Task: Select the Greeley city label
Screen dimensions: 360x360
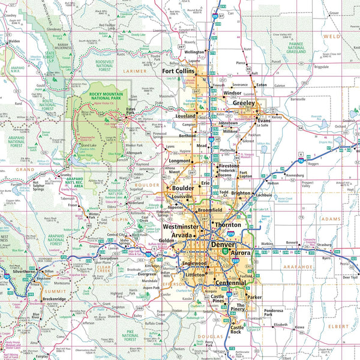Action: (x=244, y=103)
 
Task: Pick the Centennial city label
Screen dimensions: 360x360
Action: (x=229, y=282)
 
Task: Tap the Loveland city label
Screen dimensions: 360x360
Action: (x=185, y=116)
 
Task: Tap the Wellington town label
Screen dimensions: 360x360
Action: (x=197, y=52)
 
